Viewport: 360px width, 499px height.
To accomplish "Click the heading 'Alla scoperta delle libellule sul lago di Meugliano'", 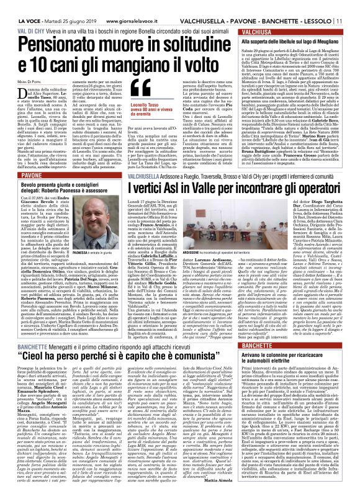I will click(x=297, y=40).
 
